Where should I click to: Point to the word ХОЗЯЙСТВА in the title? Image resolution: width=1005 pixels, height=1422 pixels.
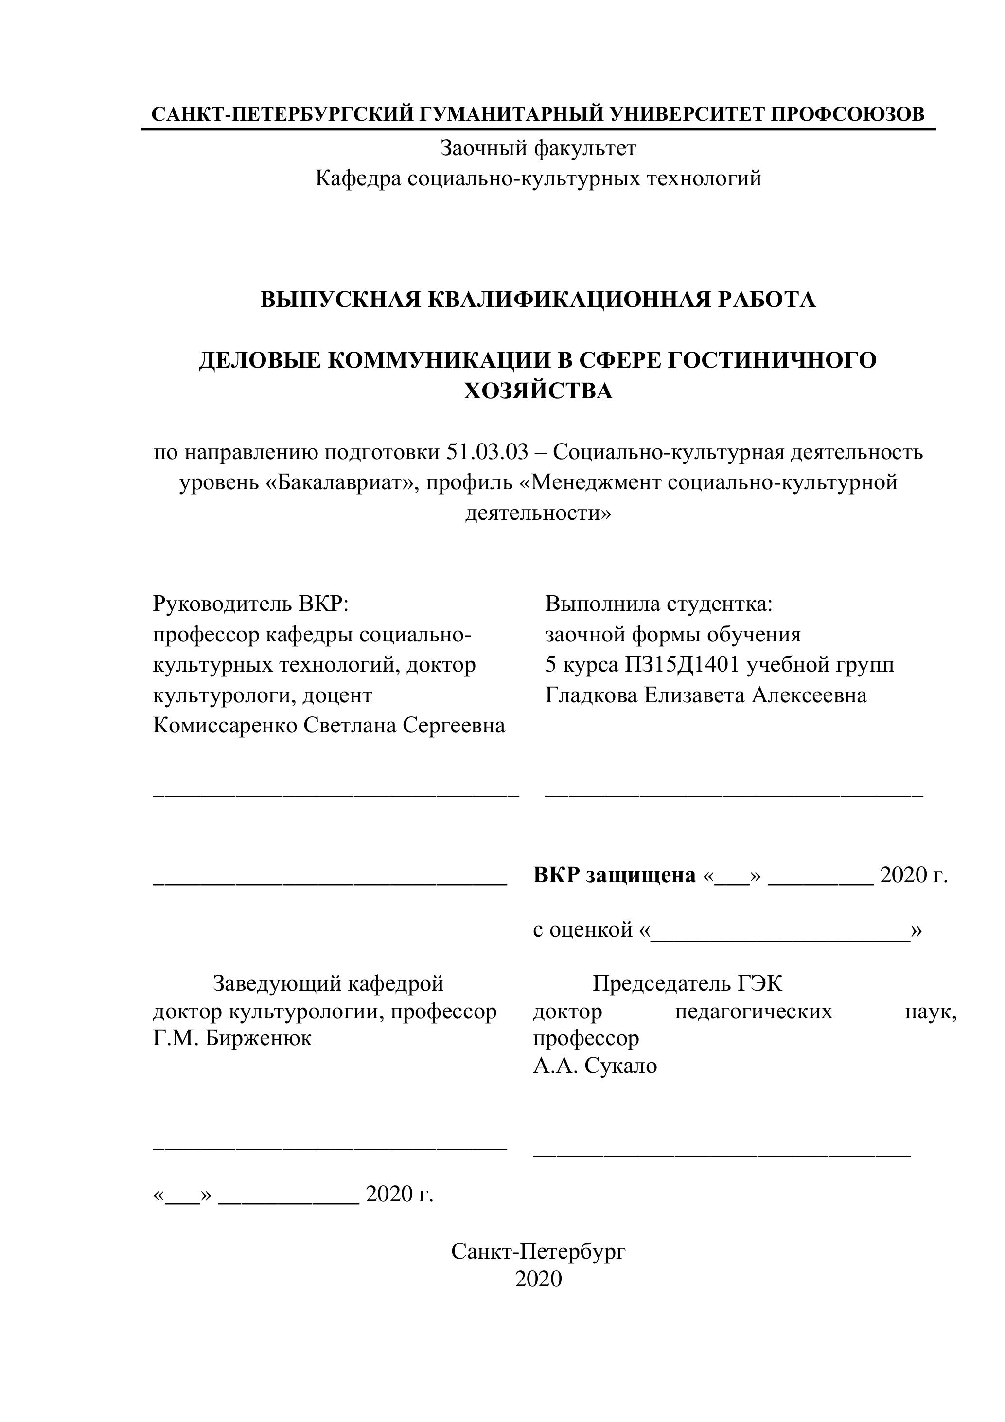point(538,391)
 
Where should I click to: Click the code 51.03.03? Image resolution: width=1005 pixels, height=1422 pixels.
point(487,453)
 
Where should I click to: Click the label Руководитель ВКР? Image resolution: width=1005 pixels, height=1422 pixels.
point(251,604)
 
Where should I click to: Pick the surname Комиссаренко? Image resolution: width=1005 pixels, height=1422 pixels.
point(225,725)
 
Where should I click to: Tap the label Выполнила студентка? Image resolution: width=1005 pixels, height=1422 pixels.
point(659,604)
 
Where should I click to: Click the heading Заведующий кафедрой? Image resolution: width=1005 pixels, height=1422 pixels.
point(328,983)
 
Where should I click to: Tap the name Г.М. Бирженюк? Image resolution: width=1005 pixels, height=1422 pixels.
point(232,1038)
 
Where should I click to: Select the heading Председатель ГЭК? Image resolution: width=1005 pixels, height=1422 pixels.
point(688,983)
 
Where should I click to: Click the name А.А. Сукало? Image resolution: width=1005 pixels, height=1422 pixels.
point(595,1066)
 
